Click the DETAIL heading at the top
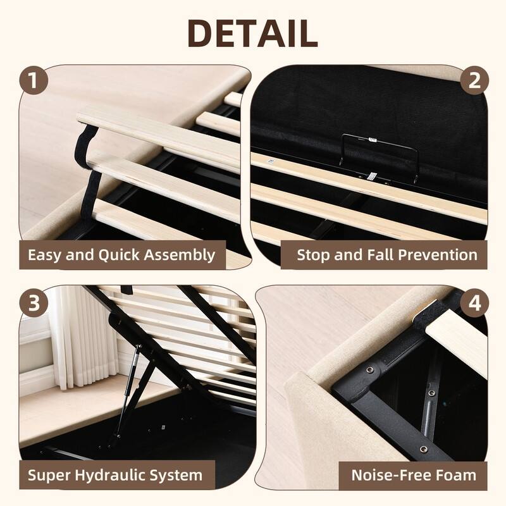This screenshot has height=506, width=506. pyautogui.click(x=252, y=33)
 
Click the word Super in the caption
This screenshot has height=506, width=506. pyautogui.click(x=49, y=475)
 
